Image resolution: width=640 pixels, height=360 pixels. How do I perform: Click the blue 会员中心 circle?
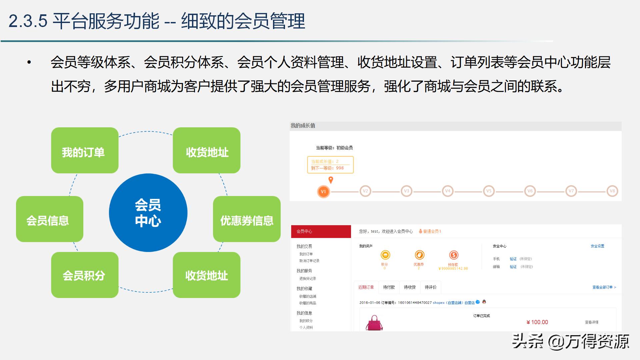tap(148, 213)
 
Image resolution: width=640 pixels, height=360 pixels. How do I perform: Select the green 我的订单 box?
tap(85, 151)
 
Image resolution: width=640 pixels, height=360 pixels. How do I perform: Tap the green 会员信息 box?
tap(49, 219)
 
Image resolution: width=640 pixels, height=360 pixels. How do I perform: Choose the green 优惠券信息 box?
tap(247, 219)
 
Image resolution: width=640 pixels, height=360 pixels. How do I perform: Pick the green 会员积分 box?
tap(85, 275)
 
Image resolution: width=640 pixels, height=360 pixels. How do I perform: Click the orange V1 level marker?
tap(323, 192)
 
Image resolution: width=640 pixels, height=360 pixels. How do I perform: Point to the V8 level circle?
tap(612, 191)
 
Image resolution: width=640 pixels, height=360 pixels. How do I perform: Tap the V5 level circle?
tap(489, 191)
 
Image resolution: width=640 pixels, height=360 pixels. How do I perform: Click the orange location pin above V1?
tap(331, 180)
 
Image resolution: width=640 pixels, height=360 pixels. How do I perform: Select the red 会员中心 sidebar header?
tap(321, 231)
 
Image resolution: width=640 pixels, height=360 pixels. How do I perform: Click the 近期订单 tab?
tap(366, 287)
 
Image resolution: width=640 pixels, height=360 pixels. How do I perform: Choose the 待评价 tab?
tap(431, 287)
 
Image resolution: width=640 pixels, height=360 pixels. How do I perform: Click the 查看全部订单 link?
tap(604, 287)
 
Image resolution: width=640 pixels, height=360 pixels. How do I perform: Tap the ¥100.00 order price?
tap(537, 322)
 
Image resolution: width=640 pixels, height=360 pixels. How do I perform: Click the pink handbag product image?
tap(374, 323)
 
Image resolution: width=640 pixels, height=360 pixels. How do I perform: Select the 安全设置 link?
tap(597, 246)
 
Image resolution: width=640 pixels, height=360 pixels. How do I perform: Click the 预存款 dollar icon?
tap(453, 255)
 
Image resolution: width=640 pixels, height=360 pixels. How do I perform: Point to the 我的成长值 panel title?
tap(303, 126)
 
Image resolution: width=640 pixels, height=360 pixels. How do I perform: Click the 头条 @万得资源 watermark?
tap(570, 342)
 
